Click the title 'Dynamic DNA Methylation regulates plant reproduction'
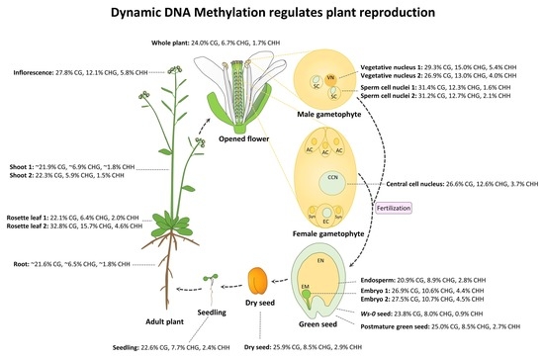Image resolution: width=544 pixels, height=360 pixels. (x=272, y=15)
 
